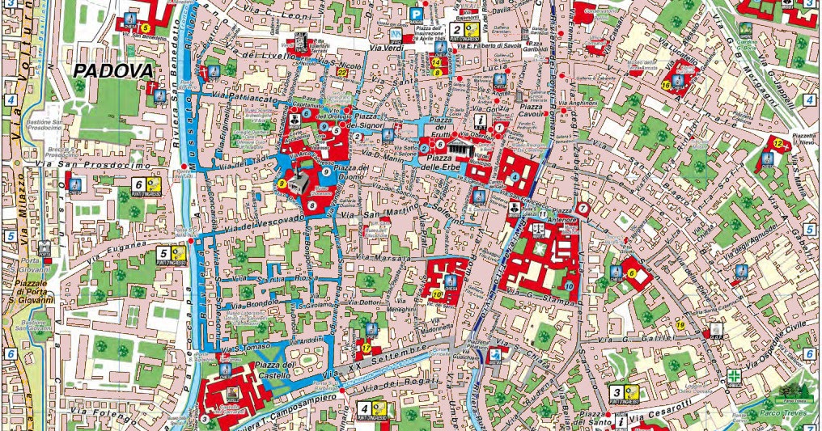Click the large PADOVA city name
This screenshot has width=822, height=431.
pyautogui.click(x=113, y=70)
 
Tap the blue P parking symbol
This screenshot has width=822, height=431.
pyautogui.click(x=416, y=15)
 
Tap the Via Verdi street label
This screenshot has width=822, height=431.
pyautogui.click(x=358, y=49)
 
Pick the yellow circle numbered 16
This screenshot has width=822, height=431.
pyautogui.click(x=666, y=84)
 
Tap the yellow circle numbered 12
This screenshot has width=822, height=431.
pyautogui.click(x=778, y=143)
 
